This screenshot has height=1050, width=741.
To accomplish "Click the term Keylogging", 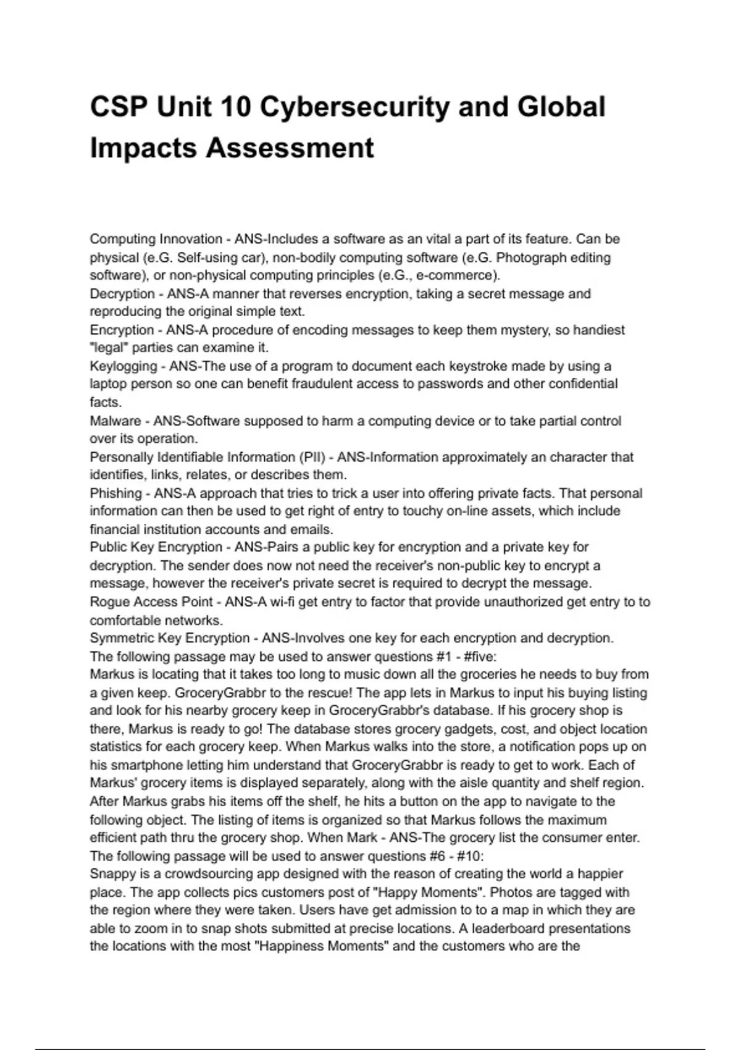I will click(x=124, y=366).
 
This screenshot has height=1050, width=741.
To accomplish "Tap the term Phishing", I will click(x=116, y=493).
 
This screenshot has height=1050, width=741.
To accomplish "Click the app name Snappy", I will click(x=111, y=874).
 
